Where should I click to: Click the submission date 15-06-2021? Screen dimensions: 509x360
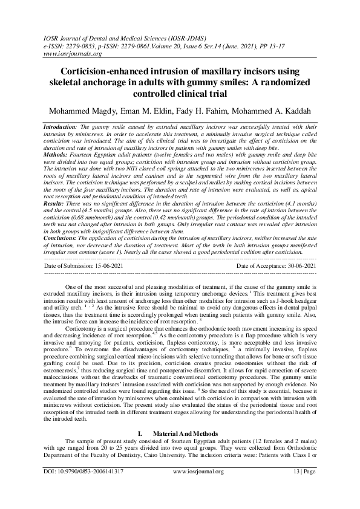120,265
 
